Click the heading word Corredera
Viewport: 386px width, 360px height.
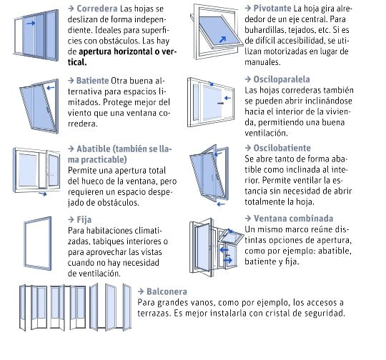click(x=97, y=9)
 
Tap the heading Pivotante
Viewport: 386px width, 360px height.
click(x=272, y=9)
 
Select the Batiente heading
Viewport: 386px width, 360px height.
click(x=92, y=81)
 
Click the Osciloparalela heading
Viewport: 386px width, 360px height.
click(x=282, y=79)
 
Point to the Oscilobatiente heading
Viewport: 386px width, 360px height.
click(x=282, y=148)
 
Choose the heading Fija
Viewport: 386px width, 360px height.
click(x=84, y=220)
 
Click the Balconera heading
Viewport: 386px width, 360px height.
click(x=167, y=291)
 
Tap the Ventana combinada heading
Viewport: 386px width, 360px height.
click(x=294, y=219)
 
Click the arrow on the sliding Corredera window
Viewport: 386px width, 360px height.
click(x=31, y=24)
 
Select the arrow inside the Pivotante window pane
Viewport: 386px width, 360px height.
click(x=222, y=39)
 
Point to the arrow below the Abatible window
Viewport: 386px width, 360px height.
click(x=43, y=194)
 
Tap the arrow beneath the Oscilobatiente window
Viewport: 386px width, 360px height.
click(x=221, y=204)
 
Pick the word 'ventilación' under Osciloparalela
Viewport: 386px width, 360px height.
click(x=266, y=134)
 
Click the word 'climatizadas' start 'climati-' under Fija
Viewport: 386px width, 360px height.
click(x=148, y=231)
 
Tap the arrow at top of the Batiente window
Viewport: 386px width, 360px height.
click(x=51, y=88)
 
